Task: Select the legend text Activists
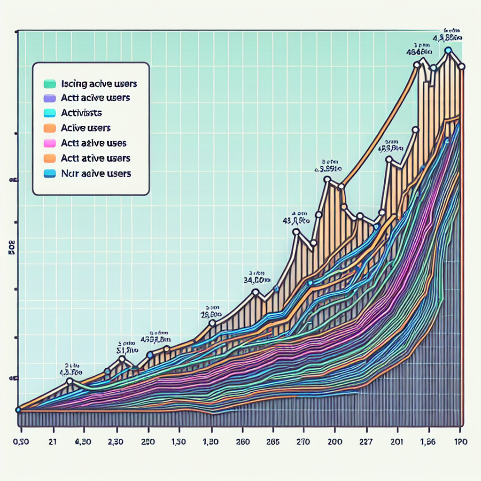[81, 113]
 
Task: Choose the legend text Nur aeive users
[96, 173]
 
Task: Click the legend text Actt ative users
[95, 158]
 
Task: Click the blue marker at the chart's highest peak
[448, 50]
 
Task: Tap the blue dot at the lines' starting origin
[18, 410]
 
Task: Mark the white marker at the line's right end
[462, 66]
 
